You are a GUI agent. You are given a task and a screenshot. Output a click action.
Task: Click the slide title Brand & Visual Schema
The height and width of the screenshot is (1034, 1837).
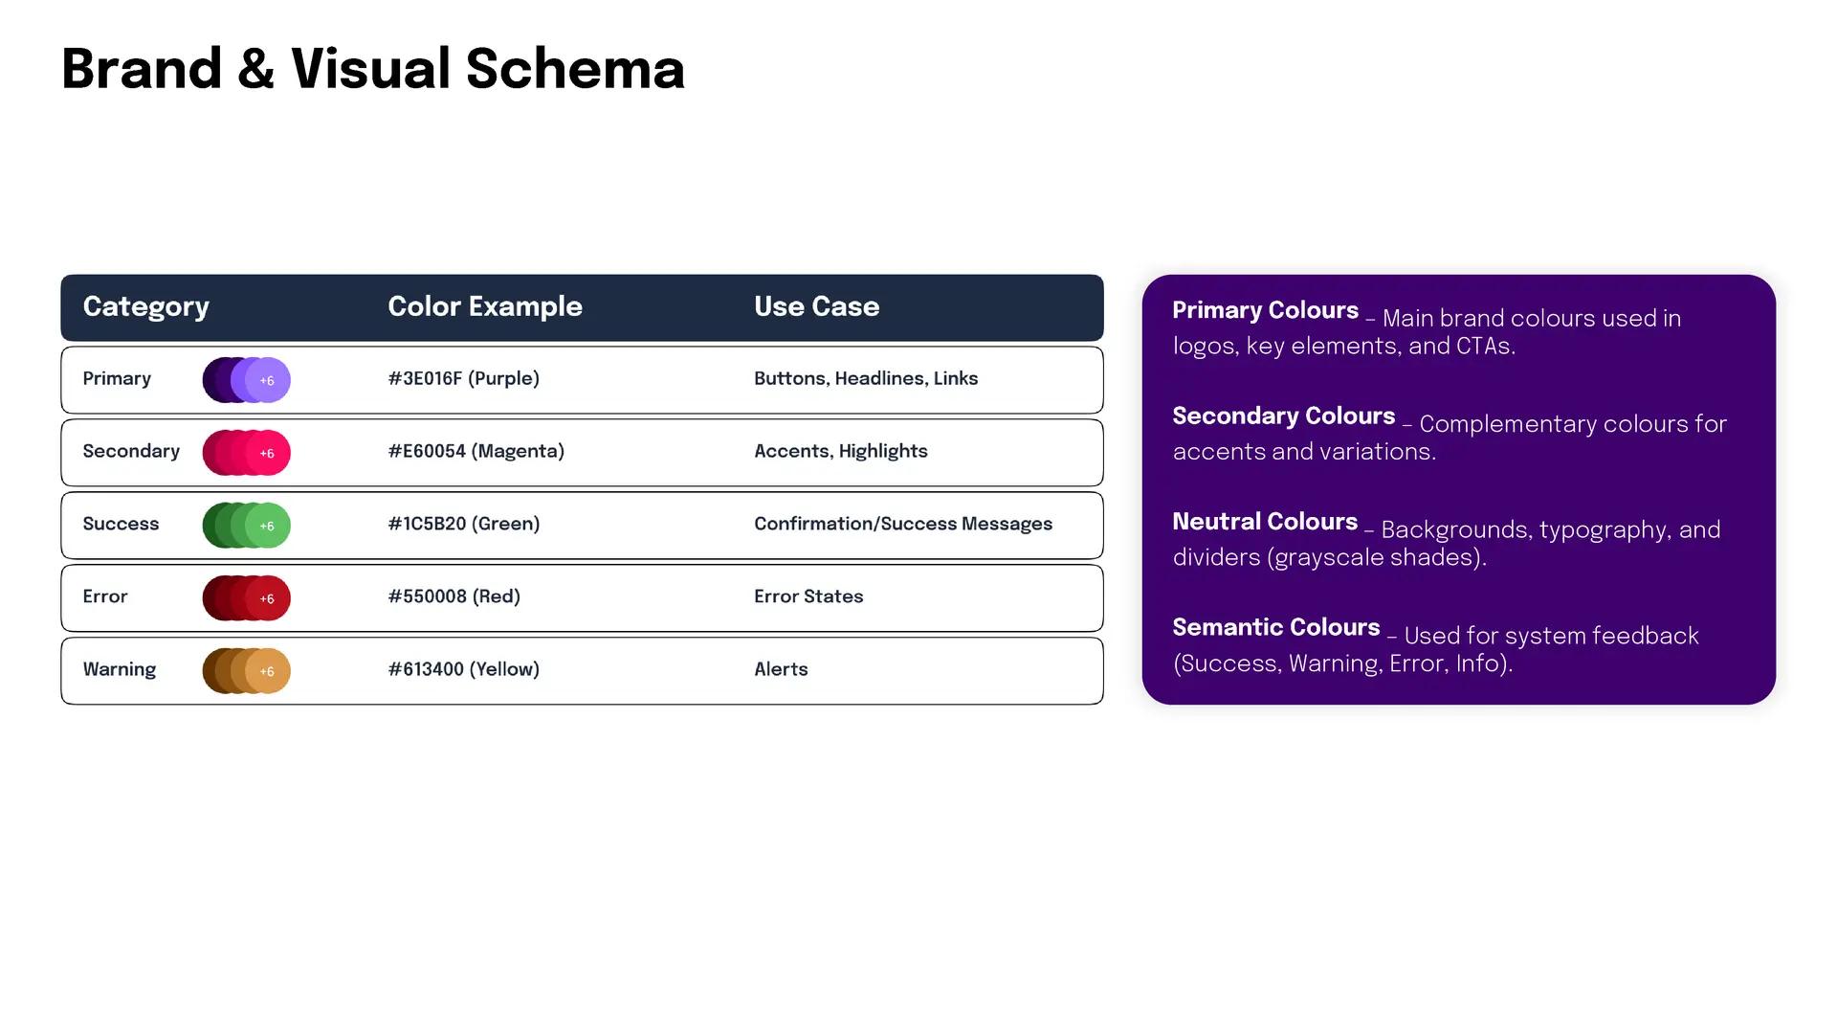click(373, 69)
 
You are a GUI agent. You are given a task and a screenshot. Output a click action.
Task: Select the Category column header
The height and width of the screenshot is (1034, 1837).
click(145, 306)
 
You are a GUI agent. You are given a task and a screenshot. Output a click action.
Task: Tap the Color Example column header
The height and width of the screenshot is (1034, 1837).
click(485, 306)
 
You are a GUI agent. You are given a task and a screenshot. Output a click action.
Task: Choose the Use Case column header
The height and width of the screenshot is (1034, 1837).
click(816, 306)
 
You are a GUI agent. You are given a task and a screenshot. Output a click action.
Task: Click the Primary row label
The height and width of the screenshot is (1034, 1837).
click(117, 379)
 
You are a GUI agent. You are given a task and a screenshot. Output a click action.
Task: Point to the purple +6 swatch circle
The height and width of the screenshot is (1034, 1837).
click(267, 380)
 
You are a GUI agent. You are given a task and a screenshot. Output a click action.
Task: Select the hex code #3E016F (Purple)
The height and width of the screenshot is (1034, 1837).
click(464, 378)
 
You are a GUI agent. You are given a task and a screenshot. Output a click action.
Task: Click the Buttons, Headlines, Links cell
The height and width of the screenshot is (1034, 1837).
click(866, 378)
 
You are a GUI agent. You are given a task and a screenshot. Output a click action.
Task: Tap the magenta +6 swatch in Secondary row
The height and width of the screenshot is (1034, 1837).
click(267, 453)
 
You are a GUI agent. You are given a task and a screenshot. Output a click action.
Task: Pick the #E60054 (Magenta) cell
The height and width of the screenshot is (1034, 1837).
click(476, 451)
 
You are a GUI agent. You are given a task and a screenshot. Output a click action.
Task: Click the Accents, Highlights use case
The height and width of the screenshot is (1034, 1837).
click(841, 451)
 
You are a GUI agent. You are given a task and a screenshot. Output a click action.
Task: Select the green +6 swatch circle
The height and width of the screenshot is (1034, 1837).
click(267, 526)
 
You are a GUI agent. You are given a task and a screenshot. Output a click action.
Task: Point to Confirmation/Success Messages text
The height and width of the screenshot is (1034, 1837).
click(903, 524)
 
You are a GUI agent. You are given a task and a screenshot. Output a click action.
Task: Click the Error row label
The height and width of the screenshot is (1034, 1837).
click(105, 596)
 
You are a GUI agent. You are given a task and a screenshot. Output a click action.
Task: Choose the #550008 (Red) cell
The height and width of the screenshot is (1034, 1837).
click(454, 596)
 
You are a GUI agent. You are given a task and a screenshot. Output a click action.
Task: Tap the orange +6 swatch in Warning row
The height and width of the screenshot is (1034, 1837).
click(267, 671)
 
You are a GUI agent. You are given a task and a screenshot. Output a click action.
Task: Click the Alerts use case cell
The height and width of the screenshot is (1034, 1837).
click(781, 669)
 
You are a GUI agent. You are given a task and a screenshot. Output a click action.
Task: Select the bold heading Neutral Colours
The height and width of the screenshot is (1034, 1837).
click(1265, 522)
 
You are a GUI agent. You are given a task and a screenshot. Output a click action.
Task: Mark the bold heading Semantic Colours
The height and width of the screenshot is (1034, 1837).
click(1276, 627)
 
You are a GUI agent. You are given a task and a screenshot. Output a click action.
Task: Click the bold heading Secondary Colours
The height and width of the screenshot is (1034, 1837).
click(1284, 416)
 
